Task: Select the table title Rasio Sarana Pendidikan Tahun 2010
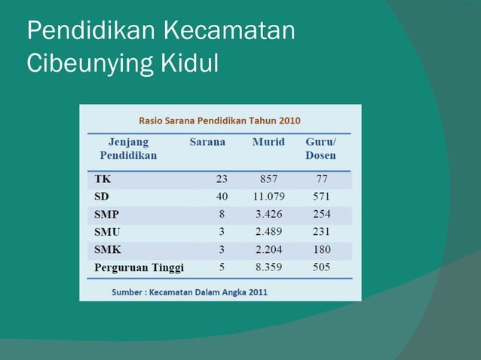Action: pos(219,120)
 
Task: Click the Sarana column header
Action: pos(207,142)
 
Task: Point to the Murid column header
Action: pos(268,142)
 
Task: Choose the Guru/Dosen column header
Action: pos(321,148)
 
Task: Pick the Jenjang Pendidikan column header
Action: pos(128,148)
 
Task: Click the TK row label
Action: pos(103,179)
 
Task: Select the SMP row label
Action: pos(107,214)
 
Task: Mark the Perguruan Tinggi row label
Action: pos(139,267)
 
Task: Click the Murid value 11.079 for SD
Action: pos(268,197)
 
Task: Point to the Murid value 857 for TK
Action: pos(268,179)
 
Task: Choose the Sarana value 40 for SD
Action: pos(222,197)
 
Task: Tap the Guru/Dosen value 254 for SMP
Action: pos(322,214)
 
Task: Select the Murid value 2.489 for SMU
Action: pos(268,232)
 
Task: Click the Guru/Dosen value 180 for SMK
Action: pos(322,249)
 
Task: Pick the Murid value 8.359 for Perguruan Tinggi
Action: pos(268,267)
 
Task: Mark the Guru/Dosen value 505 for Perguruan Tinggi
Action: pos(322,267)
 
